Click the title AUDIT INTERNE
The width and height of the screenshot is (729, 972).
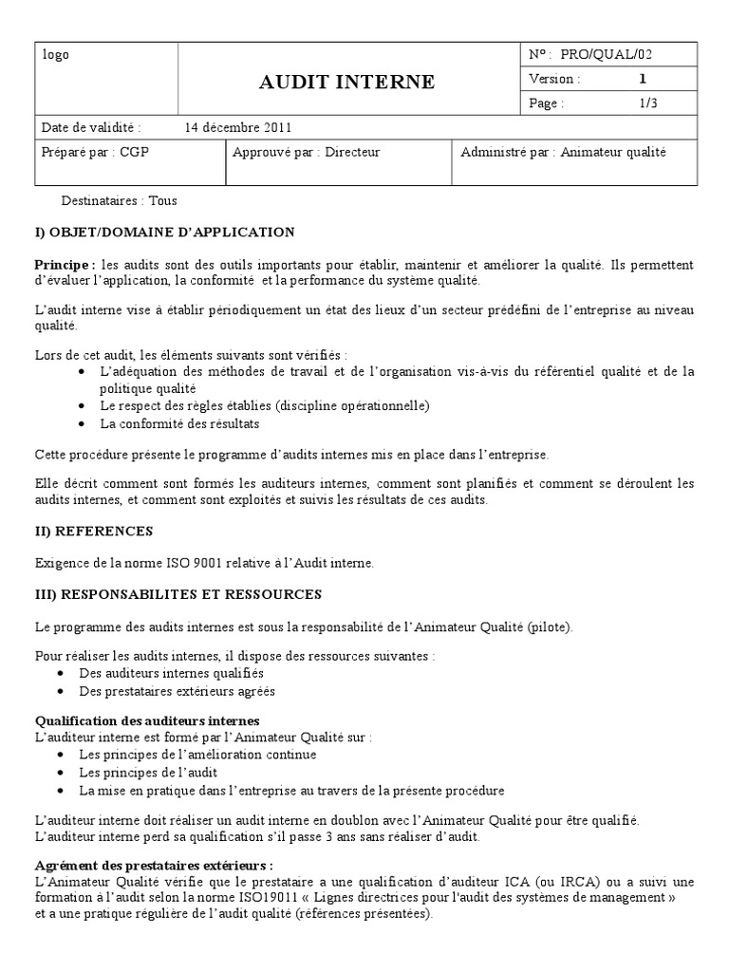347,82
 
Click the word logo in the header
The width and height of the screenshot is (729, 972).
56,55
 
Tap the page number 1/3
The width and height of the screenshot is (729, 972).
648,103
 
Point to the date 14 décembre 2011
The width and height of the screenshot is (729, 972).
238,127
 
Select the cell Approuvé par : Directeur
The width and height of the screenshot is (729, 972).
306,152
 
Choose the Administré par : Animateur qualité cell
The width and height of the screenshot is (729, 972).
563,152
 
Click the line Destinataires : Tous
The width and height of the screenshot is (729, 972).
119,200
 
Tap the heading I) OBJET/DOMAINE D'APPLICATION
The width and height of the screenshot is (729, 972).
164,233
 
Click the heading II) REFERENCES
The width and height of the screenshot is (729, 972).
93,531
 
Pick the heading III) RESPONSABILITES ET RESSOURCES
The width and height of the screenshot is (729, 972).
178,594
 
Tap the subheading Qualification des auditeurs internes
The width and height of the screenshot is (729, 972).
147,720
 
